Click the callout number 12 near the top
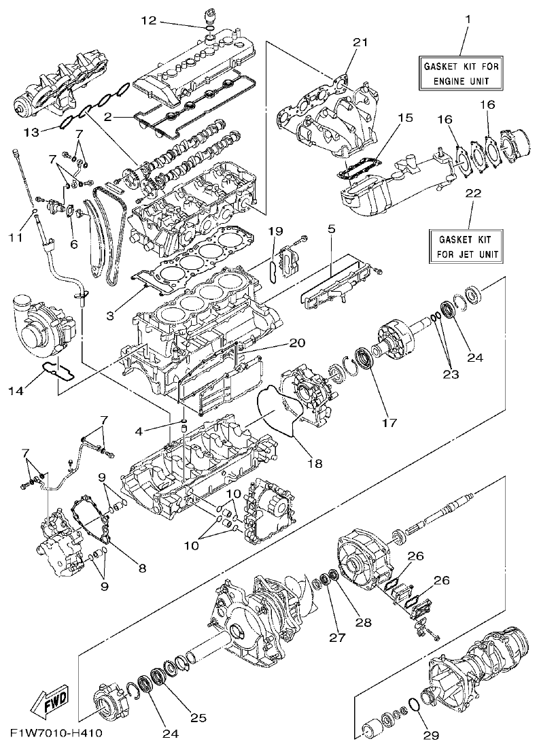pyautogui.click(x=149, y=21)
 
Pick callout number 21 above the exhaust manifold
pyautogui.click(x=360, y=42)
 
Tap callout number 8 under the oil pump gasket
pyautogui.click(x=142, y=562)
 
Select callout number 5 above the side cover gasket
pyautogui.click(x=331, y=230)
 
